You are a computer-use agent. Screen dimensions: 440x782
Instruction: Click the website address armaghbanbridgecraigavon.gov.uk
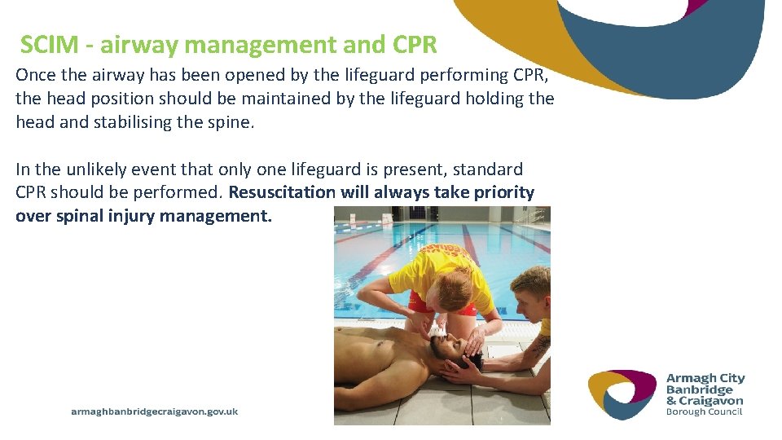point(155,411)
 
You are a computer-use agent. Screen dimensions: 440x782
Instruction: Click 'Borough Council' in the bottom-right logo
point(705,412)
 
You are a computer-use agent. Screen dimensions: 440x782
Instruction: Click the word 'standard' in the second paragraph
point(488,169)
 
